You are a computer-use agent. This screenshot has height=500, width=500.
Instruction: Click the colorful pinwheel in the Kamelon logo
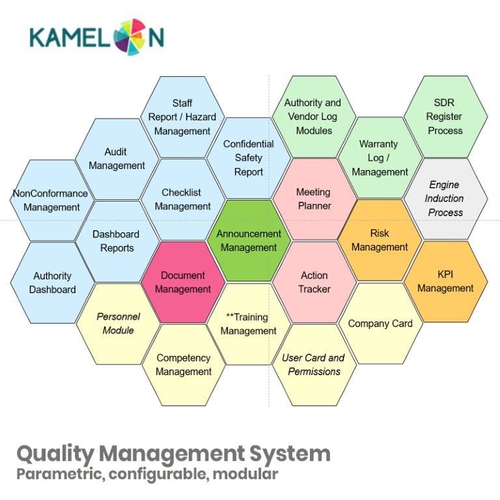click(x=130, y=36)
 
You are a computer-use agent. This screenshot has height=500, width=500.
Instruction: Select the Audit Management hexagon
click(x=117, y=159)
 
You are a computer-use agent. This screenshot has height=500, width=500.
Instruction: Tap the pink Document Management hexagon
click(x=183, y=282)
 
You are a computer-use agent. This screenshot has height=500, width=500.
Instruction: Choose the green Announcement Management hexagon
click(x=249, y=240)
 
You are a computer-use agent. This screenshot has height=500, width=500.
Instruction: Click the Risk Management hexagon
click(x=380, y=240)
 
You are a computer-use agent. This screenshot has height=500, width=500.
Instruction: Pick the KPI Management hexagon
click(x=445, y=281)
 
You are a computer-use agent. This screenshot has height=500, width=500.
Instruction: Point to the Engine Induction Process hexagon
click(x=445, y=199)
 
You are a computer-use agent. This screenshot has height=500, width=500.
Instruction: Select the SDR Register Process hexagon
click(x=445, y=117)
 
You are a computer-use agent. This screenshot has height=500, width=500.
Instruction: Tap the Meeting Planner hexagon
click(x=314, y=199)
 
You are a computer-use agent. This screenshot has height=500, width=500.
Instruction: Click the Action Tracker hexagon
click(x=314, y=282)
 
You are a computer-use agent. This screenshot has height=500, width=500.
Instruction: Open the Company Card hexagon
click(x=380, y=324)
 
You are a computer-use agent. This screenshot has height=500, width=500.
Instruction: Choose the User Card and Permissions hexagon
click(x=314, y=365)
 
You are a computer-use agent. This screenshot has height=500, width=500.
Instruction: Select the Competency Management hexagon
click(x=184, y=365)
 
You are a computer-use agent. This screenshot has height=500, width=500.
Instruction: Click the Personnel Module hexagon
click(x=118, y=324)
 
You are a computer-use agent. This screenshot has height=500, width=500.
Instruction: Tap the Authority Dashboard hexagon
click(x=52, y=283)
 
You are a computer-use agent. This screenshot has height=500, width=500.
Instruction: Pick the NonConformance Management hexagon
click(x=51, y=201)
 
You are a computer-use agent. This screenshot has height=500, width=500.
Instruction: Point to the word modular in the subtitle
click(x=245, y=474)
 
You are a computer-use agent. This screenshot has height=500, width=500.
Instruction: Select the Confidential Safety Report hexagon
click(x=249, y=158)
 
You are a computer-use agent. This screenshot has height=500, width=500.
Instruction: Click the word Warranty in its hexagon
click(x=378, y=144)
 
